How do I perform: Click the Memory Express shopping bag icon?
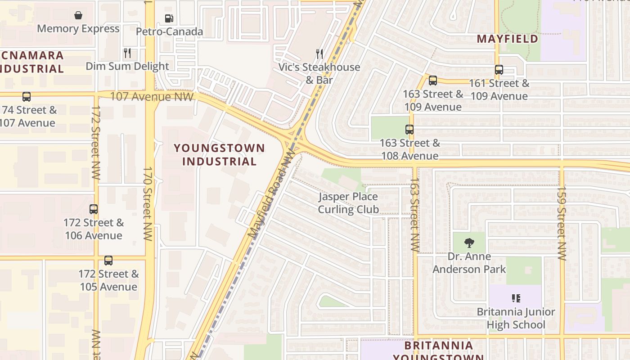point(78,15)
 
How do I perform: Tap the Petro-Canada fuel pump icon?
point(169,18)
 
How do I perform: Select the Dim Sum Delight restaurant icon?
point(127,53)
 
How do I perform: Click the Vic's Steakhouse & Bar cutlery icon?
point(319,54)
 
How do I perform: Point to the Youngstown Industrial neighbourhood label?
point(220,154)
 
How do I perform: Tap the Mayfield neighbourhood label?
point(508,39)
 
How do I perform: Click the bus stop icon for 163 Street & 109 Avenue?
point(433,81)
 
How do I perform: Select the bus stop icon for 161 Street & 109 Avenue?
point(499,70)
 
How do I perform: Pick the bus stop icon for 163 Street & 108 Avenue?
point(409,130)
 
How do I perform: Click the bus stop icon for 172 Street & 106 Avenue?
point(94,209)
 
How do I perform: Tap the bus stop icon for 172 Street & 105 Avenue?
point(108,261)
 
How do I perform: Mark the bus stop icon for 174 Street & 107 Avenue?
point(27,97)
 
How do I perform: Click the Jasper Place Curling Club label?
point(348,203)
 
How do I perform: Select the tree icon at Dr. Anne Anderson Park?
point(469,243)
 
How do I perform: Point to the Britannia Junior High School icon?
point(516,298)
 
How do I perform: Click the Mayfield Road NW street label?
point(271,194)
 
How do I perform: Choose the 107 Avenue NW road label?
point(152,96)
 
